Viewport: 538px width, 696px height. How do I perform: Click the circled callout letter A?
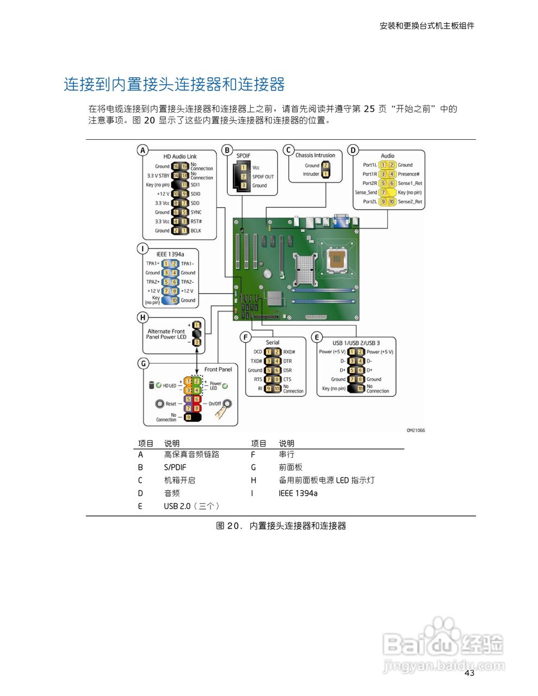(x=143, y=150)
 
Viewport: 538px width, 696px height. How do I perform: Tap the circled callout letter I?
(x=143, y=248)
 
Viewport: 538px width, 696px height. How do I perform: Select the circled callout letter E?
(x=317, y=337)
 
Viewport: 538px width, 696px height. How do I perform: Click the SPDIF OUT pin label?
(x=263, y=177)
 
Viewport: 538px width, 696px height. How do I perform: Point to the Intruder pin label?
(x=311, y=174)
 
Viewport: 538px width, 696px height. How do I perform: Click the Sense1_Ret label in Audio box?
(x=410, y=183)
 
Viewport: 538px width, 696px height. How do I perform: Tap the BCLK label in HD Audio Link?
(x=196, y=231)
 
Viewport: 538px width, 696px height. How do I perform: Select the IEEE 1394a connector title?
(x=170, y=254)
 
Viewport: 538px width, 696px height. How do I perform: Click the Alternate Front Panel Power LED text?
(x=166, y=334)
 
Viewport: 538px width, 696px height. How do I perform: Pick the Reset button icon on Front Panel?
(x=159, y=403)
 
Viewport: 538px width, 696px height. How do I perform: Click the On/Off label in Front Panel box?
(x=215, y=404)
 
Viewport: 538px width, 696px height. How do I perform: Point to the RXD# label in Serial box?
(x=289, y=352)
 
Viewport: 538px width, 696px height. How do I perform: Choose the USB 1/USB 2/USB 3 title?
(x=356, y=343)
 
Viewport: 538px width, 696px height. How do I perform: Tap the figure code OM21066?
(x=416, y=431)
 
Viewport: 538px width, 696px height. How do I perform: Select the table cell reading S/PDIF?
(x=175, y=467)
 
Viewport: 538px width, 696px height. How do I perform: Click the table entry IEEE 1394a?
(x=298, y=493)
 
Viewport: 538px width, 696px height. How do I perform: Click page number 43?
(x=469, y=673)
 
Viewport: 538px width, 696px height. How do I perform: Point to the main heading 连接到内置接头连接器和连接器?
(x=175, y=84)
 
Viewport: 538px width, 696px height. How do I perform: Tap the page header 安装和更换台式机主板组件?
(x=426, y=26)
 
